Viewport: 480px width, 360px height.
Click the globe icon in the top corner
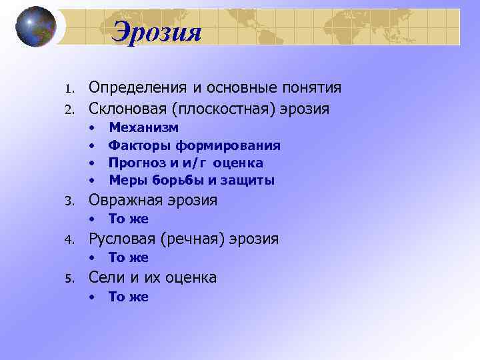click(x=36, y=27)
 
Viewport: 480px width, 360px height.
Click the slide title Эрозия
click(x=156, y=31)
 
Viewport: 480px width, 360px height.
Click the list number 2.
click(x=68, y=109)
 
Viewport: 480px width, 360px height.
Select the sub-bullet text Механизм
click(x=143, y=127)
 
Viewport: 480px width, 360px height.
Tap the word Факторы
click(x=137, y=145)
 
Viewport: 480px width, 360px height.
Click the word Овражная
click(x=124, y=200)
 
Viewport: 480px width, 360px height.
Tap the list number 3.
click(x=68, y=201)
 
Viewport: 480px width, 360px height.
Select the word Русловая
click(x=123, y=239)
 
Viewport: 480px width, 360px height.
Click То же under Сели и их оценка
click(x=129, y=297)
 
